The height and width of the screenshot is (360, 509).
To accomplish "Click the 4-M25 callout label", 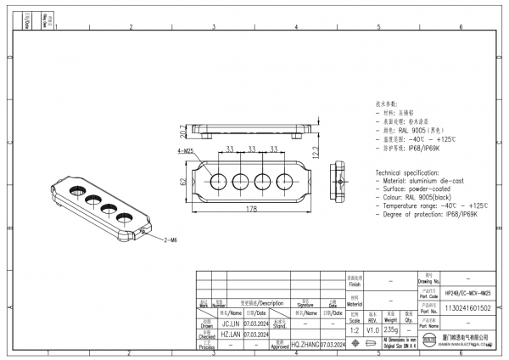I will pos(185,150).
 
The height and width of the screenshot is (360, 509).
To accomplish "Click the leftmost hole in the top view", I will pos(217,180).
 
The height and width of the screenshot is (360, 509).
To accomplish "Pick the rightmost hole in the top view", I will pos(287,180).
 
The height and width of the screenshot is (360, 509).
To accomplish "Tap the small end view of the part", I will pos(340,180).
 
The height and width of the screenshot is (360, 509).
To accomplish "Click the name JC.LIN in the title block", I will pos(230,323).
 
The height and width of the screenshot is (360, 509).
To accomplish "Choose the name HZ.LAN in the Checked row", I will pos(230,335).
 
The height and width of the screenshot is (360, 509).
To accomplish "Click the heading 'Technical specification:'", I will pos(411,172).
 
